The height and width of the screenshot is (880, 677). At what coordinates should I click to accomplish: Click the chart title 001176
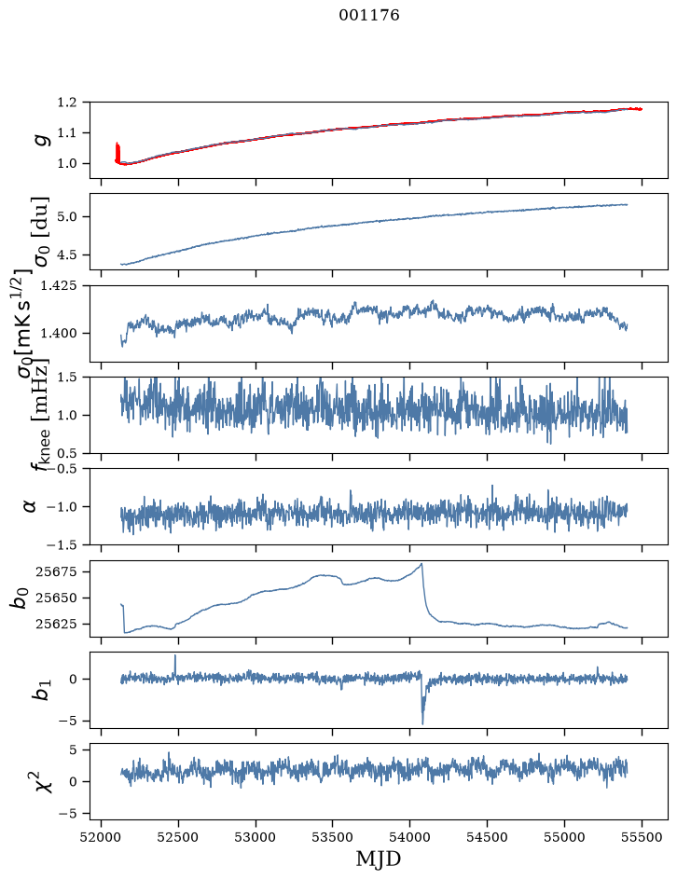369,15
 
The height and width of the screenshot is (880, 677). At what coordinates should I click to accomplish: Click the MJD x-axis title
378,859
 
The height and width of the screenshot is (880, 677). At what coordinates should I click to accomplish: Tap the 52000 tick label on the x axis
101,837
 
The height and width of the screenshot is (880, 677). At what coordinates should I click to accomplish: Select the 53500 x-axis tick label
332,837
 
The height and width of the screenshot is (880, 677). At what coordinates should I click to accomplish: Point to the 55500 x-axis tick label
642,837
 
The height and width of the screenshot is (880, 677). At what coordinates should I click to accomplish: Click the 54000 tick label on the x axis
409,837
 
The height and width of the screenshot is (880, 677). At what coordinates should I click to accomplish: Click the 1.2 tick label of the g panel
66,103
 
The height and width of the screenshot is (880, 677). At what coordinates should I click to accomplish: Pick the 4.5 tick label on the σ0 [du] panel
66,254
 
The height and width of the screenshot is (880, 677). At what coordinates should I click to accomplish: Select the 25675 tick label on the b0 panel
56,571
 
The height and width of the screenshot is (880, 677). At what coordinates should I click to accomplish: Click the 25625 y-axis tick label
56,624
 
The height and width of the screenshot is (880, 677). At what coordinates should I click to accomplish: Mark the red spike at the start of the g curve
117,152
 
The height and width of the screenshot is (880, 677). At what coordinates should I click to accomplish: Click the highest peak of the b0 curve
421,563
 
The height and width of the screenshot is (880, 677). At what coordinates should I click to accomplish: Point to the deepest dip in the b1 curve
422,724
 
